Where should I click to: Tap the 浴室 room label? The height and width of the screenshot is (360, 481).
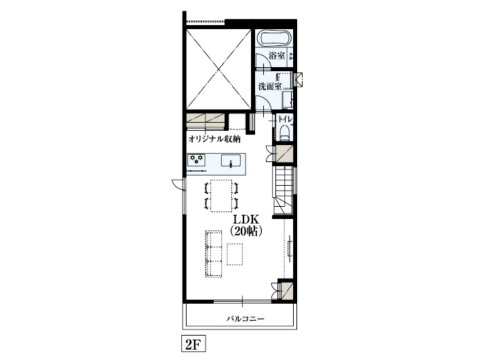276,56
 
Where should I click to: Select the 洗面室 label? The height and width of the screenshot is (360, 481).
270,87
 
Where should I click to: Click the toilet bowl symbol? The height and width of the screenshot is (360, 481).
285,134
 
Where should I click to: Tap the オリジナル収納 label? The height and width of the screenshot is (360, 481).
214,139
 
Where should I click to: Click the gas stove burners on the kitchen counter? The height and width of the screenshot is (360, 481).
197,161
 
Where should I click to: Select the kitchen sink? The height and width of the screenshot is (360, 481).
231,161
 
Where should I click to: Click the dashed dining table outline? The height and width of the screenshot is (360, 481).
220,195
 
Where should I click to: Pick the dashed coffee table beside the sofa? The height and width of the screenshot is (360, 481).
235,254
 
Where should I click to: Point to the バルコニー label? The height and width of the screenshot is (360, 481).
245,318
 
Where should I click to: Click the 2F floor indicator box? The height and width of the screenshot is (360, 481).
191,344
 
